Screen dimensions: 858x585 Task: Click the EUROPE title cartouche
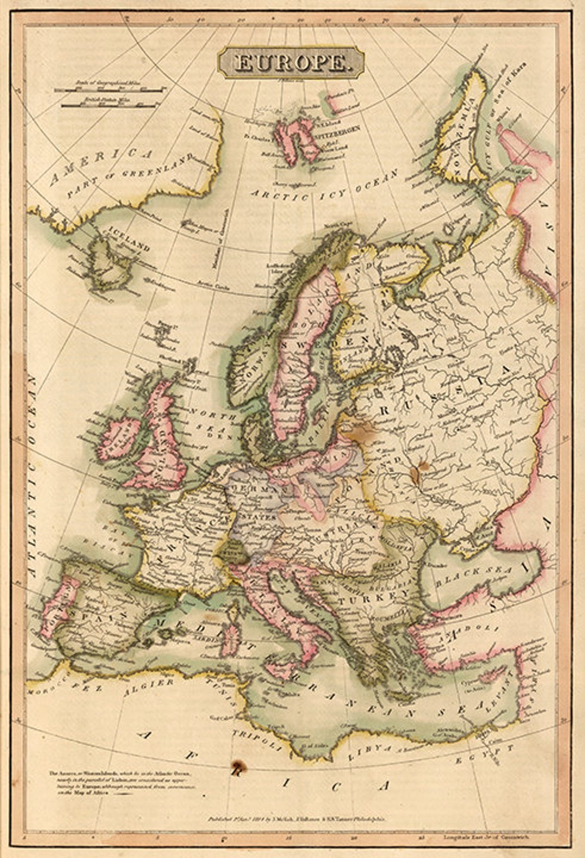coord(291,62)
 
